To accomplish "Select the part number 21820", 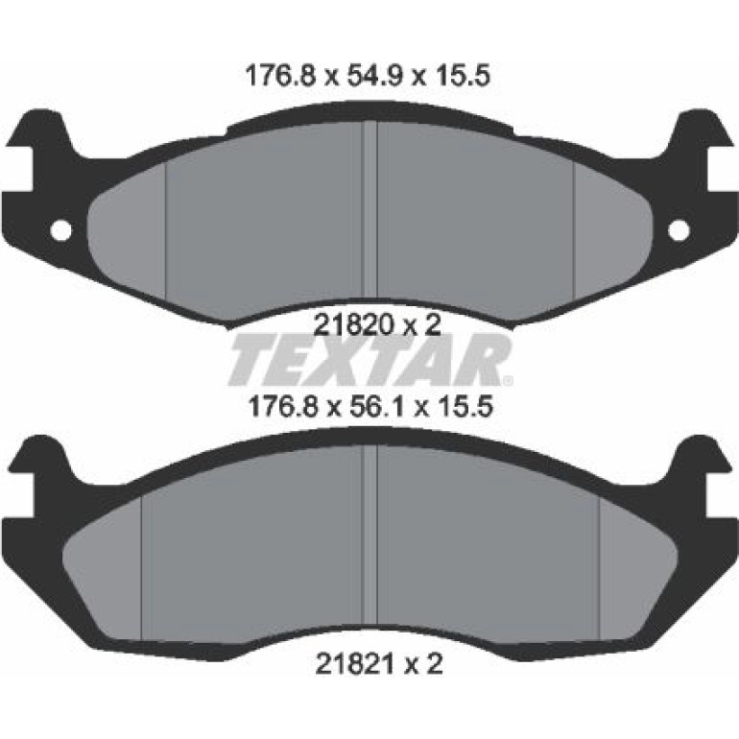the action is click(x=351, y=324).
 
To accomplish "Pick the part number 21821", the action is click(x=352, y=664).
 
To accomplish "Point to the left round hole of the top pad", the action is click(x=61, y=231).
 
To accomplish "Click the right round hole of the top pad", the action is click(x=679, y=231).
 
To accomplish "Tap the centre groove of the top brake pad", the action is click(x=369, y=211).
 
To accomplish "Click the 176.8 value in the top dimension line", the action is click(x=279, y=76).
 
